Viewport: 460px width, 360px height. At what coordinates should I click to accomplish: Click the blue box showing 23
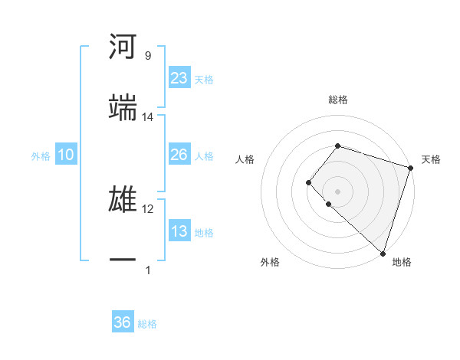(x=179, y=78)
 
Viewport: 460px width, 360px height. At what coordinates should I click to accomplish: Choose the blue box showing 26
(x=179, y=155)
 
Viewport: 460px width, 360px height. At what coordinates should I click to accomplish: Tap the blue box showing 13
(x=179, y=231)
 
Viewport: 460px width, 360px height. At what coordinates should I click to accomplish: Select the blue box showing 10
(x=66, y=155)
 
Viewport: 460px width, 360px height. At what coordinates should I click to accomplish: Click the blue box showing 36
(x=123, y=322)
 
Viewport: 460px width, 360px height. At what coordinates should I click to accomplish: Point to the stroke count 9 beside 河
(x=147, y=56)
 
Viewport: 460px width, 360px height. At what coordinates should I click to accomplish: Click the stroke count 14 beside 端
(x=148, y=117)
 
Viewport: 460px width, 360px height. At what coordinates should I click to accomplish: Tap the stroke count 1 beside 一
(x=148, y=270)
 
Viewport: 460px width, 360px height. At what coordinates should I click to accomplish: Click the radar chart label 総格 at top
(x=338, y=100)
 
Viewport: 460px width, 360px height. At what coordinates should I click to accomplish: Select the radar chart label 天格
(x=431, y=159)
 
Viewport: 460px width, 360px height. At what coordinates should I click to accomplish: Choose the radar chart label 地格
(x=402, y=263)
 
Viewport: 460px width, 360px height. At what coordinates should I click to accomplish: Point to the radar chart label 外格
(x=270, y=263)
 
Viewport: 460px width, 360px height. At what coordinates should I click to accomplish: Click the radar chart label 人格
(x=245, y=159)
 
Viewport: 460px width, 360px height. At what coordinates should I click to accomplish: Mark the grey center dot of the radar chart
(x=337, y=191)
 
